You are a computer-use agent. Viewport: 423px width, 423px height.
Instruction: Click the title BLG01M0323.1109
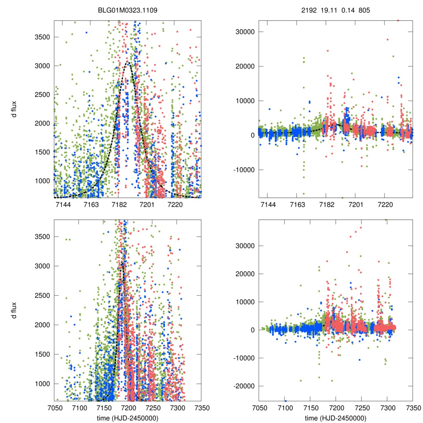point(127,9)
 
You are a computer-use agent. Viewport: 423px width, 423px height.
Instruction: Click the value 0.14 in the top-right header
point(346,9)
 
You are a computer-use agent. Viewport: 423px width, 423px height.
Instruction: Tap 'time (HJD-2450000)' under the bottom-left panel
point(127,418)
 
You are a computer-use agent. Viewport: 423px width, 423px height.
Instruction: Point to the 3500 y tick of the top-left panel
point(42,37)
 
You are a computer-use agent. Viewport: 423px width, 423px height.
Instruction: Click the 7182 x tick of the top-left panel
point(119,205)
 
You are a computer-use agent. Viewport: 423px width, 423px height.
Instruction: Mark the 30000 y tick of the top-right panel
point(245,32)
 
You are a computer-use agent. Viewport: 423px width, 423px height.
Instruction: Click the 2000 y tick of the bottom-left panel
point(42,325)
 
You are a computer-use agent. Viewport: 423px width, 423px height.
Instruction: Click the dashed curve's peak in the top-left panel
point(128,62)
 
